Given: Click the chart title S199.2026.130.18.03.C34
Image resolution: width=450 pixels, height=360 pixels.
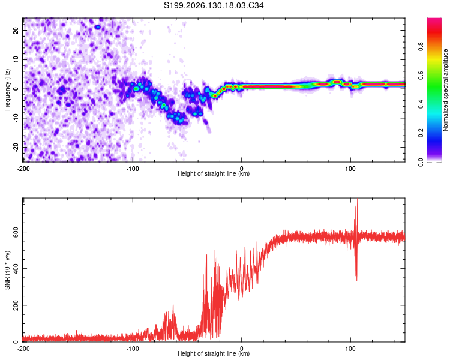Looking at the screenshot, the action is [214, 5].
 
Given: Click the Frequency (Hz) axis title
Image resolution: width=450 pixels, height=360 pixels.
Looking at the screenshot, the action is [7, 90].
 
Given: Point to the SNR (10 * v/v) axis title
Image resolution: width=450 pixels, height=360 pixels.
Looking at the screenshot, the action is [7, 270].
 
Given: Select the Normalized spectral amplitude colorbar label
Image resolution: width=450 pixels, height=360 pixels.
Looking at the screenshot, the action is [445, 90].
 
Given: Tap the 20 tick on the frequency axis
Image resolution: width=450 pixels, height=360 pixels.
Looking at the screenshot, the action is [16, 30].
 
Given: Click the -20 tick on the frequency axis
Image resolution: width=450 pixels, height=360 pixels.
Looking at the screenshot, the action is [16, 148].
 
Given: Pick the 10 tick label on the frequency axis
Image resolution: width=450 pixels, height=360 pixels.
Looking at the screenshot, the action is [16, 59].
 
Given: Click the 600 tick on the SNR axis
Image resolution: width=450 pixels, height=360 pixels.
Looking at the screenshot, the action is [16, 232].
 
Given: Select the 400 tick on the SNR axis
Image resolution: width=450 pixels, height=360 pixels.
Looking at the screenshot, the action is [16, 268].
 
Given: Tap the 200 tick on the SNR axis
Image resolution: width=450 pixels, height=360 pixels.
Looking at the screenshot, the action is [16, 305].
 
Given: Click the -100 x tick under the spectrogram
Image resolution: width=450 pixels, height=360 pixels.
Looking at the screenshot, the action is [133, 169].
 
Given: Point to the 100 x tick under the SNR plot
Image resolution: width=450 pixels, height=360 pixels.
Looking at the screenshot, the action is [350, 349].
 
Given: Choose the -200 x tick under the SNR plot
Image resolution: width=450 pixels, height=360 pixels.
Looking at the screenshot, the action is [23, 349].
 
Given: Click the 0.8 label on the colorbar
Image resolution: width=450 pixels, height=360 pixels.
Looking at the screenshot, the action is [421, 46].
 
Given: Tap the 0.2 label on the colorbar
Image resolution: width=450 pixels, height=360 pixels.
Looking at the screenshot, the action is [421, 133].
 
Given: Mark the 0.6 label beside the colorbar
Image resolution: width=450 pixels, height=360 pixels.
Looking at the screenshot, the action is [421, 75].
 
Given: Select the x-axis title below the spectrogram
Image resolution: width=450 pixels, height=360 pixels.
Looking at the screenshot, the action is [214, 173].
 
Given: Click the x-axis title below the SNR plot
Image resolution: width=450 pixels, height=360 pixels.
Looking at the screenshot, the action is [214, 353].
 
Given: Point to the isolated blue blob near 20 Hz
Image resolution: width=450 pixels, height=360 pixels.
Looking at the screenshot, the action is [98, 27].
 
